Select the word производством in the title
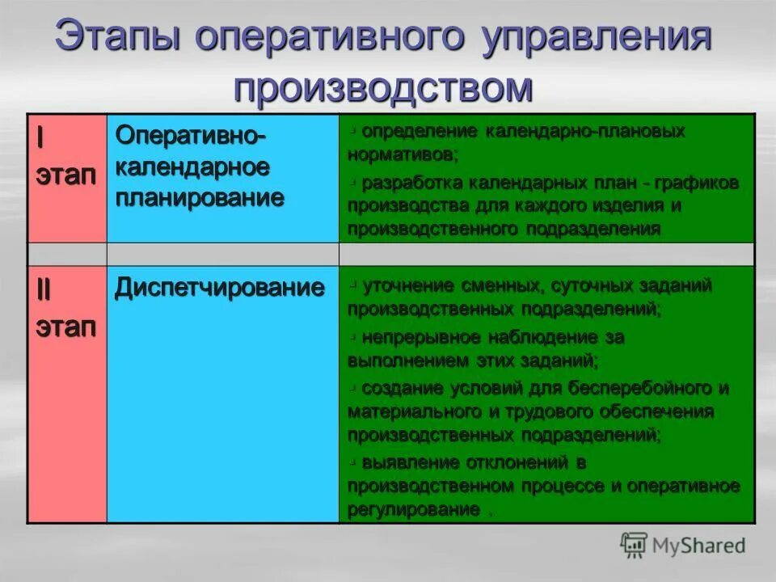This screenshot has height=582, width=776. (384, 87)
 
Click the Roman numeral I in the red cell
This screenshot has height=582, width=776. (40, 137)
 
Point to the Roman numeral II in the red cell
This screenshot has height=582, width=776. (42, 290)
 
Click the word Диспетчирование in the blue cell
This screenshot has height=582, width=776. (220, 288)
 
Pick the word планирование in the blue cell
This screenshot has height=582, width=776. (200, 198)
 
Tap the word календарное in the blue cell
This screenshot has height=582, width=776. (192, 167)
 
